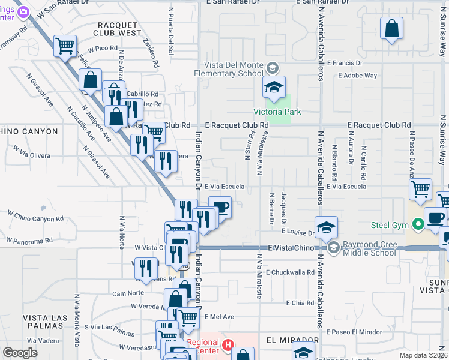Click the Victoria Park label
click(277, 112)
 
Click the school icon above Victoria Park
click(273, 88)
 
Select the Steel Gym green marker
click(418, 226)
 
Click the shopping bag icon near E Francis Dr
click(391, 28)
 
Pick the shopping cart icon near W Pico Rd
click(65, 45)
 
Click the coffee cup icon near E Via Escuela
click(220, 207)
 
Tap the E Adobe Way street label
click(358, 76)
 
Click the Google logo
click(20, 353)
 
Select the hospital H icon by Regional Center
click(228, 344)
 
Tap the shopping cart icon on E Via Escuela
click(420, 190)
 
